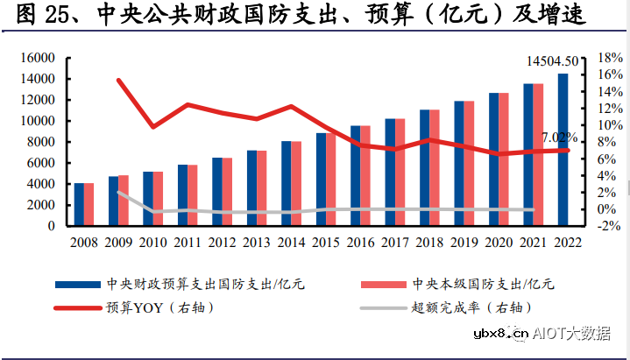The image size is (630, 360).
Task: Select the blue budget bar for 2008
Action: pos(79,204)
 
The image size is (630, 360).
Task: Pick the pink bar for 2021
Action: pos(538,154)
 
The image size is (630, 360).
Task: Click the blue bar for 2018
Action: pos(425,167)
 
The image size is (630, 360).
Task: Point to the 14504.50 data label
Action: pos(553,61)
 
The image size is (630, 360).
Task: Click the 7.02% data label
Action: pos(560,138)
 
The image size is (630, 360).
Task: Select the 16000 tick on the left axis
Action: pos(38,58)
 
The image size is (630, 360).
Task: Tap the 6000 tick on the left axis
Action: pos(41,163)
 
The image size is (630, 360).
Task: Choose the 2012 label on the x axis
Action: pos(222,243)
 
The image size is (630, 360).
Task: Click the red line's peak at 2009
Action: pos(119,81)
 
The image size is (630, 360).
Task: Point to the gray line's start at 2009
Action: pos(119,193)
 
